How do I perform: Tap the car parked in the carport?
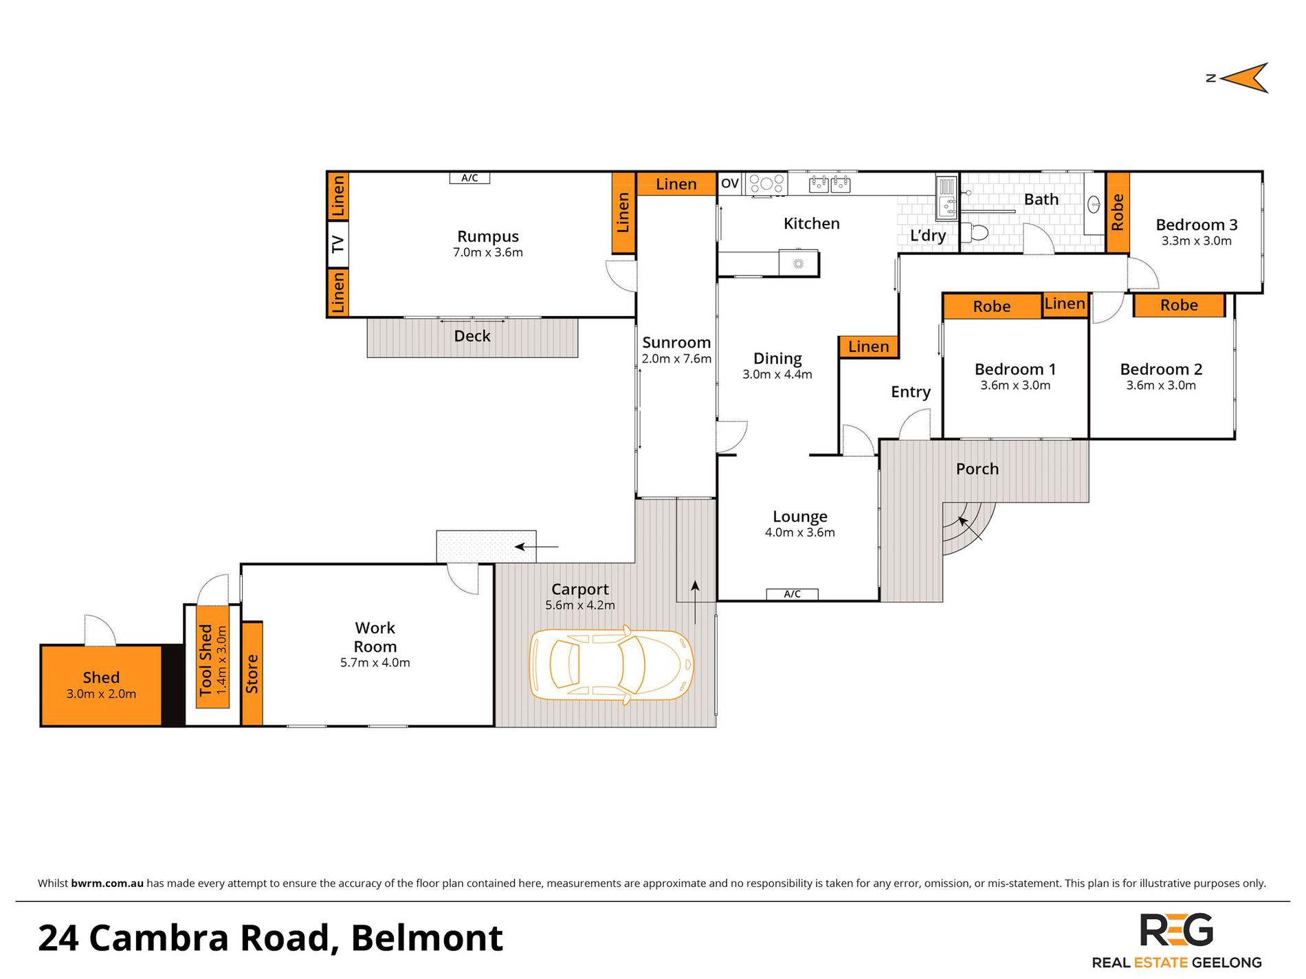click(x=611, y=665)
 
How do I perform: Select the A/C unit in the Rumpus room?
click(x=469, y=178)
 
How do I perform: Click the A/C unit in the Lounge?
click(x=792, y=594)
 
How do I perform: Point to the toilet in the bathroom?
click(x=974, y=232)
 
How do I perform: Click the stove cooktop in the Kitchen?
click(x=767, y=183)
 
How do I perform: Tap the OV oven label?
click(x=730, y=183)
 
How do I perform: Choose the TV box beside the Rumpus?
click(x=337, y=244)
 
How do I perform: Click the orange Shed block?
click(x=101, y=685)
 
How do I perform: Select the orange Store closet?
click(x=252, y=673)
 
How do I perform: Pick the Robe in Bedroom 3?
click(x=1118, y=212)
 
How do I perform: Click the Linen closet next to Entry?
click(x=869, y=347)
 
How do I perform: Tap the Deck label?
click(x=472, y=336)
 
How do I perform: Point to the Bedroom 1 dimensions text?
click(x=1015, y=385)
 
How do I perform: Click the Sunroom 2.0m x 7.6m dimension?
click(x=676, y=359)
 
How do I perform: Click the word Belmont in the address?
click(x=427, y=938)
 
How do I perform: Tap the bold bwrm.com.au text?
click(x=107, y=884)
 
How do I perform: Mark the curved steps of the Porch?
click(x=968, y=528)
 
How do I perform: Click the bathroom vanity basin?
click(x=1094, y=204)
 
